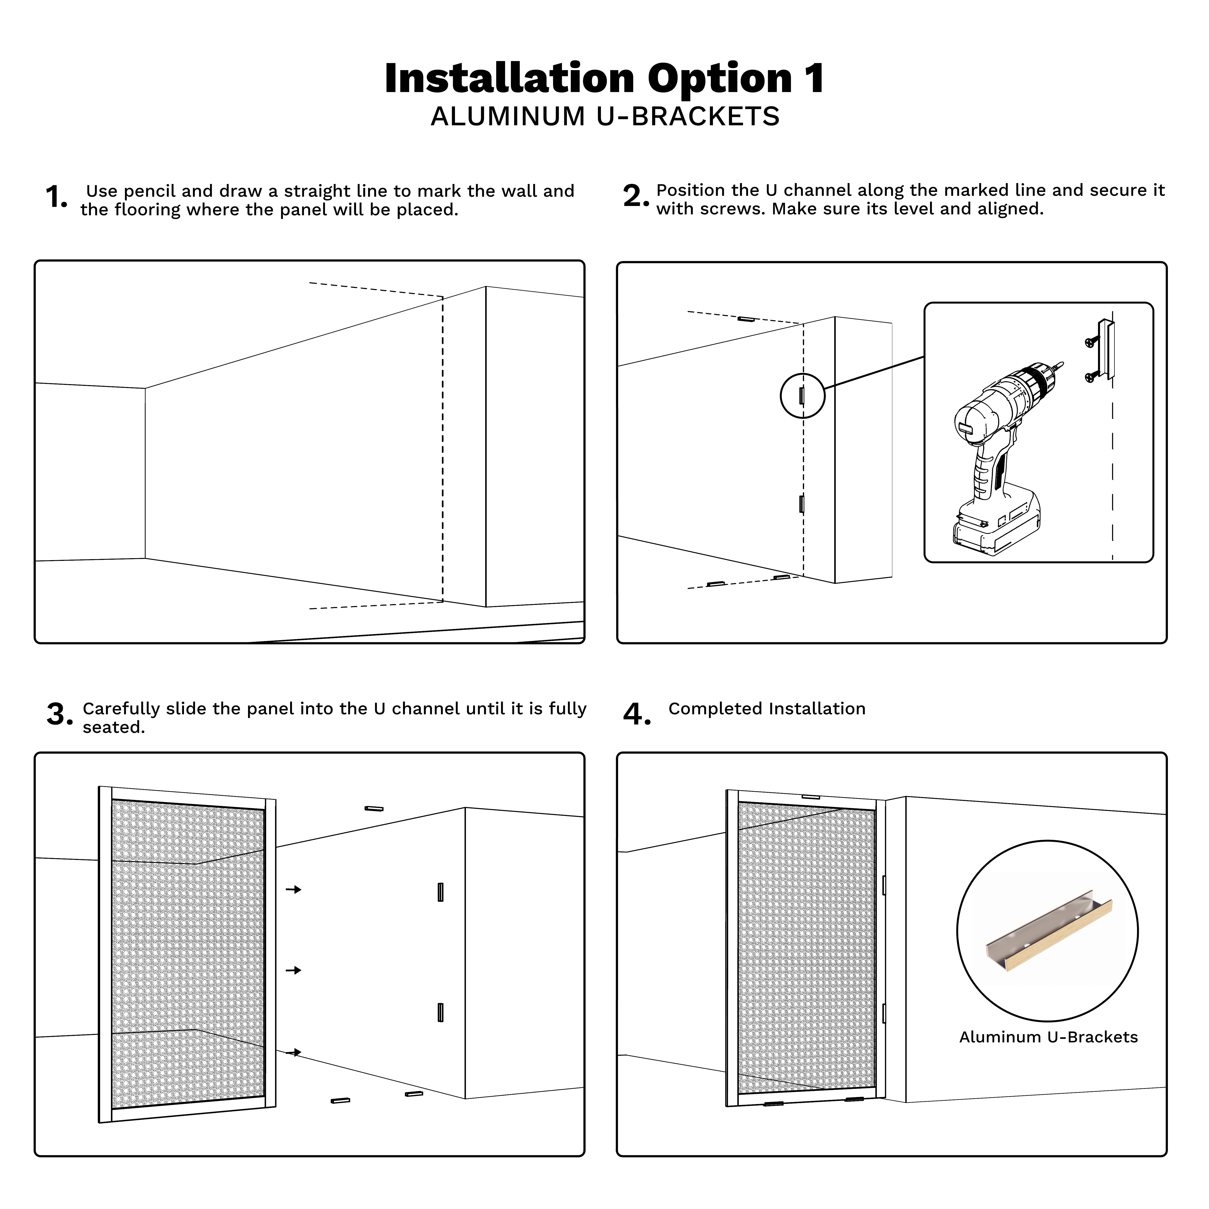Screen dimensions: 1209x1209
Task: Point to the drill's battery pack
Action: [995, 526]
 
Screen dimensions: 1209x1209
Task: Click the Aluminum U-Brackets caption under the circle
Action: [1048, 1038]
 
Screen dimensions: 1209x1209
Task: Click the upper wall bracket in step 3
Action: [440, 892]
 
